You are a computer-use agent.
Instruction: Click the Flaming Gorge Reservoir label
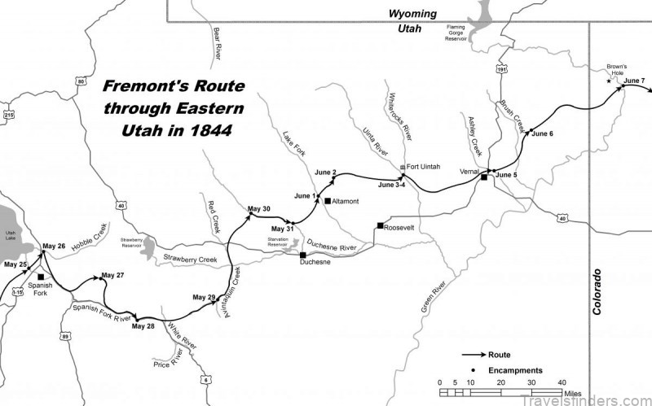point(466,32)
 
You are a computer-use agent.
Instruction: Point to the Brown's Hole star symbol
point(608,81)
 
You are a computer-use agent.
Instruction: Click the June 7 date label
point(634,81)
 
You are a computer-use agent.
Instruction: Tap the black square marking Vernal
point(484,177)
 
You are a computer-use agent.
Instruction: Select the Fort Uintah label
point(424,167)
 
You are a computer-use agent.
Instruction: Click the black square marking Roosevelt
point(380,225)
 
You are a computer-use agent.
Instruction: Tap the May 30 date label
point(258,209)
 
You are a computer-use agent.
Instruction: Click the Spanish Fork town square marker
point(41,277)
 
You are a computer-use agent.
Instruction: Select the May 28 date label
point(141,326)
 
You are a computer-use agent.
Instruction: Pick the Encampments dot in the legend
point(473,370)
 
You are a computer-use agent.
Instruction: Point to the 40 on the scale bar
point(562,382)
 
